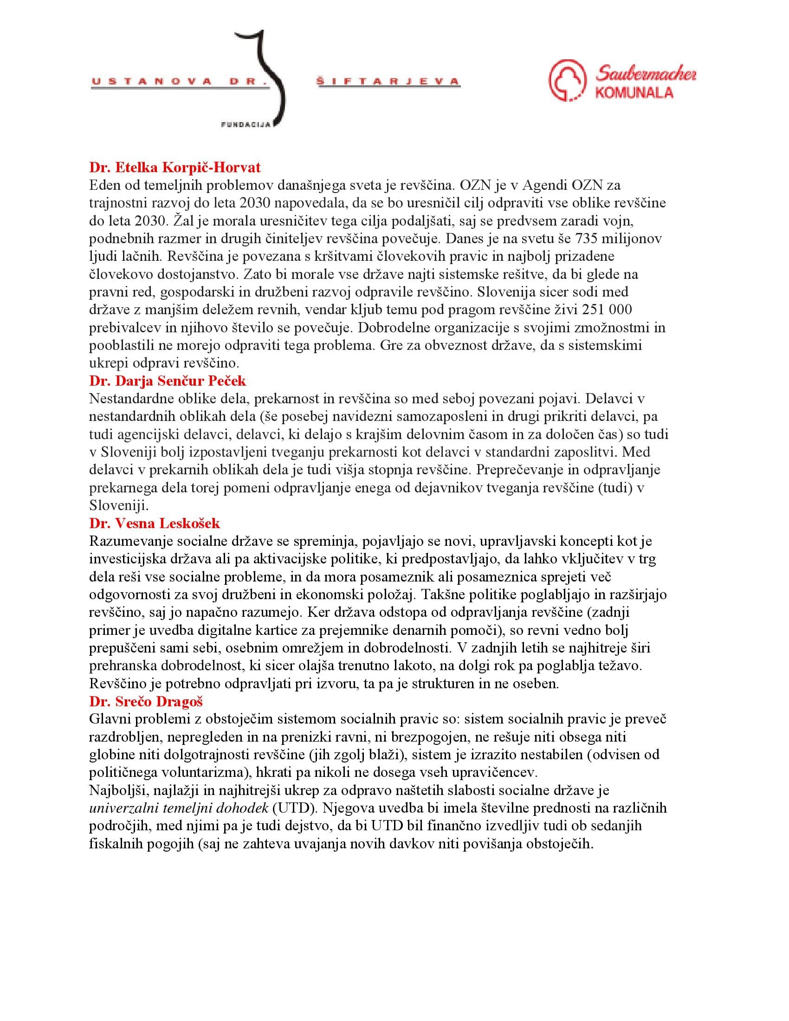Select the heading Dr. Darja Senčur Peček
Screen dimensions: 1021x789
168,381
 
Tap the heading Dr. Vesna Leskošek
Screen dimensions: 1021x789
154,523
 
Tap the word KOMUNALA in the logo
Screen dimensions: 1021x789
634,92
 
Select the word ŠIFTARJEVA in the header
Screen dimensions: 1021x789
388,82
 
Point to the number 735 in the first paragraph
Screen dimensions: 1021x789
591,239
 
